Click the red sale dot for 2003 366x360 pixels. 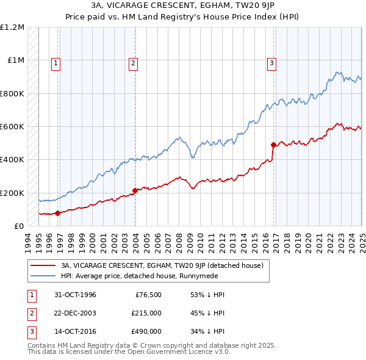click(135, 190)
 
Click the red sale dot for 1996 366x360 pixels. click(58, 213)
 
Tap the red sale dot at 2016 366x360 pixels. click(273, 145)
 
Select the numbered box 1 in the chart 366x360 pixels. click(56, 62)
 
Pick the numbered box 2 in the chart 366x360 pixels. click(133, 62)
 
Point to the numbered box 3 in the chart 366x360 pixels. click(271, 62)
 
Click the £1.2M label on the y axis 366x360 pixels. click(12, 27)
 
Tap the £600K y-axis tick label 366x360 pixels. click(12, 127)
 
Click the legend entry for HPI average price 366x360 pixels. click(145, 276)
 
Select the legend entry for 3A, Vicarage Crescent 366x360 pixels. click(162, 265)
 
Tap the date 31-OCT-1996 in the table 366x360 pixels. click(75, 295)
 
